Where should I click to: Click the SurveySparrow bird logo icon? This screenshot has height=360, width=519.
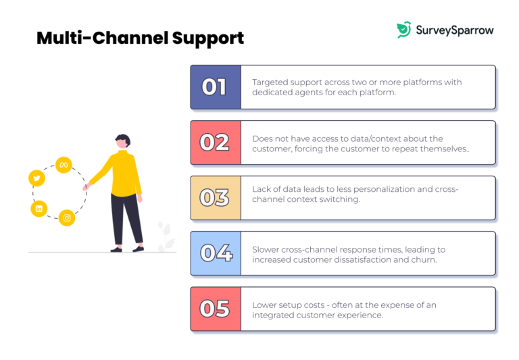point(403,30)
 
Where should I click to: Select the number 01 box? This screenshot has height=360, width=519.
point(215,87)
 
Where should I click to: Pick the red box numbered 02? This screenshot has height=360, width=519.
point(215,143)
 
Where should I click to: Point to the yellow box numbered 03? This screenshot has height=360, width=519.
point(215,198)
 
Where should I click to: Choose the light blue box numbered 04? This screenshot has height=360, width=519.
point(215,253)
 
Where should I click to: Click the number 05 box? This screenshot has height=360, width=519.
point(215,309)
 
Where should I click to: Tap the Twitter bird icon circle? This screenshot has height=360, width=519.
point(36,178)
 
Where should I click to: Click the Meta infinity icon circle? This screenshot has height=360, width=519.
point(64,165)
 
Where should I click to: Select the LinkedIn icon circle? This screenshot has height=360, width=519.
point(39,209)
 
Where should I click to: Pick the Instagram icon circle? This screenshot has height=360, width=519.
point(66,217)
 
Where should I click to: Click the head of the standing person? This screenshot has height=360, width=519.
point(121,142)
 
